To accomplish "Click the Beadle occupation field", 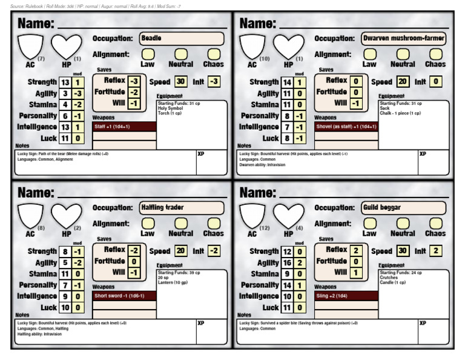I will [x=182, y=39].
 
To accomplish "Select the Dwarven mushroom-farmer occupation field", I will [x=404, y=39].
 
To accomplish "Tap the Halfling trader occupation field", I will [x=182, y=208].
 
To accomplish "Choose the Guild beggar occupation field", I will [x=404, y=208].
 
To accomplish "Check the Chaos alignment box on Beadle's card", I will [x=213, y=54].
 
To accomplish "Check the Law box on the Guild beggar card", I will [x=369, y=223].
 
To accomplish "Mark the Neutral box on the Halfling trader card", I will [x=180, y=223].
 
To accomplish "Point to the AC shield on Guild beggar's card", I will [x=252, y=216].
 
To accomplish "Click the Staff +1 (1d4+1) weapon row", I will [x=124, y=127].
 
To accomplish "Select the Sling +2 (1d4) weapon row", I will [x=346, y=296].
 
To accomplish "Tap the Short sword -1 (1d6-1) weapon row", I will [x=124, y=296].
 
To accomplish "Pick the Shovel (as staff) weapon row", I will [x=346, y=127].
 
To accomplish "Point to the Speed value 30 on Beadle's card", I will [x=180, y=81].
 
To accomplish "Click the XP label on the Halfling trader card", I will [x=201, y=324].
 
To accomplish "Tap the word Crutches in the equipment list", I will [x=389, y=278].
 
